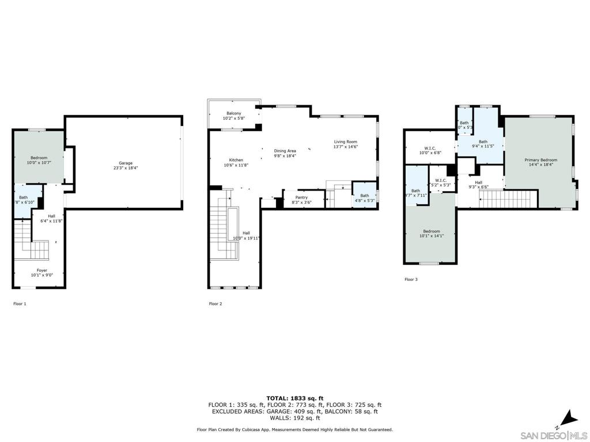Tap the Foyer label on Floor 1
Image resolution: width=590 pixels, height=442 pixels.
point(42,270)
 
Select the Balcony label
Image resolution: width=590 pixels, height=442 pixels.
point(234,113)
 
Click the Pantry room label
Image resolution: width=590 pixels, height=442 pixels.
point(301,197)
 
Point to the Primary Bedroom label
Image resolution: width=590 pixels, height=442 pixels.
point(540,159)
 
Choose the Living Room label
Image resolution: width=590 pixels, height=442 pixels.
point(346,142)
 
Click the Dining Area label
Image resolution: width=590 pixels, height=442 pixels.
point(285,151)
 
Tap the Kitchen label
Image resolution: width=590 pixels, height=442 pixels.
point(236,160)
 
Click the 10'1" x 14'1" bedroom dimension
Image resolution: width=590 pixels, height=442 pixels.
point(431,236)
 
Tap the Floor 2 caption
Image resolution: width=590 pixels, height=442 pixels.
point(215,303)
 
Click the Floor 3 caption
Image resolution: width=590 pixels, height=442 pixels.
point(411,280)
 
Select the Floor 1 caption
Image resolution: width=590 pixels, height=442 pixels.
point(20,303)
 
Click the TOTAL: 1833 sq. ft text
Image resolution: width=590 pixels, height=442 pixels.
point(294,398)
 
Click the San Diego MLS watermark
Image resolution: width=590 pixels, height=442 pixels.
point(553,435)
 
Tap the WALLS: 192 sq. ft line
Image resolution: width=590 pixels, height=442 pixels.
point(294,418)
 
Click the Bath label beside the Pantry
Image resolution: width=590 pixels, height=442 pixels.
point(365,196)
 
